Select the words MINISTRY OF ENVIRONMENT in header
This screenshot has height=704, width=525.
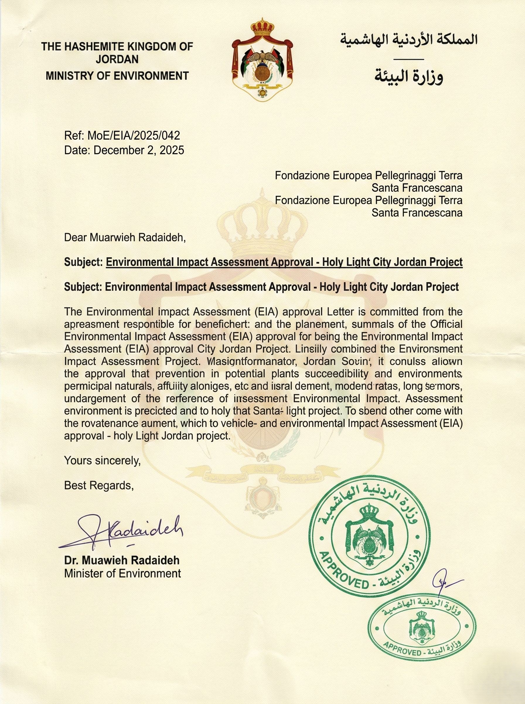117,76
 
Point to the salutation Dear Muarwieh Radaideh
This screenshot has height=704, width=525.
125,237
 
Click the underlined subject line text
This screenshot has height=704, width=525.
284,262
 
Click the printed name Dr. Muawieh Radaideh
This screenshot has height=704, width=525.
122,560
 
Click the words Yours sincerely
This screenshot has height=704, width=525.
102,460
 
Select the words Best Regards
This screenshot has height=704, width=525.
99,485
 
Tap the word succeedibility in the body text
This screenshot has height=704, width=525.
330,373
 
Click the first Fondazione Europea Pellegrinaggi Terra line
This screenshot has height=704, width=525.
368,175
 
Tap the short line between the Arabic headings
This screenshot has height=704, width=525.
408,59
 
